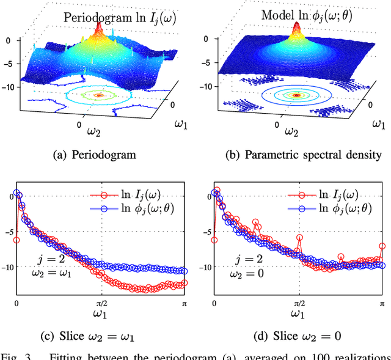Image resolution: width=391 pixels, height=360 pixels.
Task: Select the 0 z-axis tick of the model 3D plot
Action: click(x=212, y=40)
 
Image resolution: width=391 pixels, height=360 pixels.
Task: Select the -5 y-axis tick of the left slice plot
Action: click(x=9, y=232)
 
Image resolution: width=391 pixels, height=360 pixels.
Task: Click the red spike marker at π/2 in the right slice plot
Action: click(x=299, y=238)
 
